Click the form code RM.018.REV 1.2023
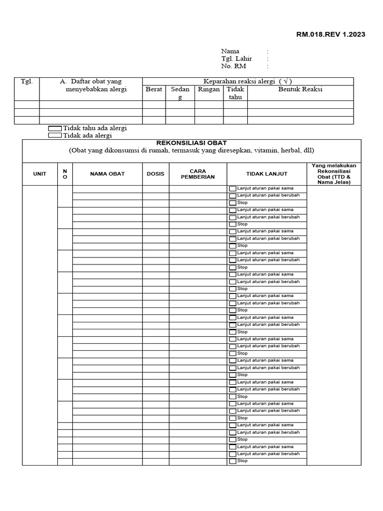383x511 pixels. click(x=331, y=34)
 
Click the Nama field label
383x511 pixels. click(x=230, y=51)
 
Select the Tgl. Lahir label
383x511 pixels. click(x=236, y=59)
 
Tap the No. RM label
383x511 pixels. click(x=233, y=66)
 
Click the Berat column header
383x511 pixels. click(x=154, y=89)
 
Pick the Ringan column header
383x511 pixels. click(x=208, y=89)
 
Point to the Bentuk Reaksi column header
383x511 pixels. click(x=300, y=89)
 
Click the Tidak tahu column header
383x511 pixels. click(x=235, y=93)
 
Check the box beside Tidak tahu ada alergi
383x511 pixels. click(x=55, y=128)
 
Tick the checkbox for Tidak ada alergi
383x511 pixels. click(x=55, y=135)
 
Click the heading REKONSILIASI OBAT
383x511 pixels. click(x=191, y=143)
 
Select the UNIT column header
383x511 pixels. click(x=39, y=174)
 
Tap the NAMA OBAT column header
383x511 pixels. click(x=107, y=174)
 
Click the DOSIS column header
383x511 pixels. click(x=155, y=174)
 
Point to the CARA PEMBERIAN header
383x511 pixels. click(x=197, y=174)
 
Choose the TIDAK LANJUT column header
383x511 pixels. click(x=266, y=174)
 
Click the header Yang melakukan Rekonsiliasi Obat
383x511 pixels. click(x=334, y=174)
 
